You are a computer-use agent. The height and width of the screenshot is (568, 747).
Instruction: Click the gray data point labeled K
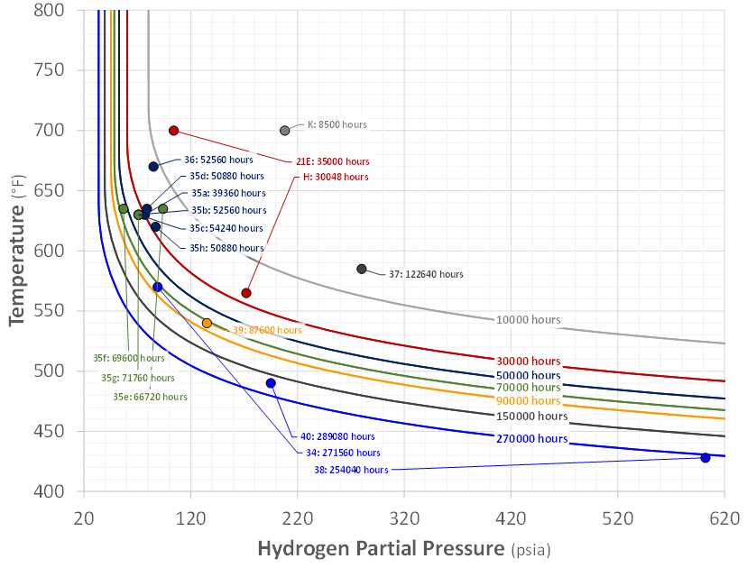pos(284,131)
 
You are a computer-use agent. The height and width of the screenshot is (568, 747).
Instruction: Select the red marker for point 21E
pos(174,131)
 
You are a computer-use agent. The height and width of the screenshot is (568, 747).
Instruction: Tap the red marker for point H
pos(245,293)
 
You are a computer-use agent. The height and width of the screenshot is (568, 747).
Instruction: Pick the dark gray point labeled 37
pos(362,269)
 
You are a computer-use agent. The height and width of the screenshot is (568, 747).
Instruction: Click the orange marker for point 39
pos(207,324)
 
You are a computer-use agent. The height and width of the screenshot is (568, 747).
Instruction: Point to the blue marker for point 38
pos(705,457)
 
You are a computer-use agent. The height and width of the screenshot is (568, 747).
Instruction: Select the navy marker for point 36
pos(153,167)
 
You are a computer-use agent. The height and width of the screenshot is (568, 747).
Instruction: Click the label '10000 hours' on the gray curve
pos(529,320)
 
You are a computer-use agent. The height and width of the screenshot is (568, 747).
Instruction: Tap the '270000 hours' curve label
pos(532,438)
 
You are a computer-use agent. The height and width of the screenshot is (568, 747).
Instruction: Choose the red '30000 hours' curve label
pos(529,361)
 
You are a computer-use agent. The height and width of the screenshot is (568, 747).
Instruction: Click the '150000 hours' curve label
pos(532,417)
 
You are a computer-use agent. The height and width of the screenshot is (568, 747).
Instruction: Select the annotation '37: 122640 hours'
pos(426,274)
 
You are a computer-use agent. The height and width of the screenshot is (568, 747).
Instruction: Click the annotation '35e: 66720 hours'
pos(150,397)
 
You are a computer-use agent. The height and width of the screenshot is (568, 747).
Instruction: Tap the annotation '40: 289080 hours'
pos(337,436)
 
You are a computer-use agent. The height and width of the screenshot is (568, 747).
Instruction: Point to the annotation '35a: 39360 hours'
pos(228,193)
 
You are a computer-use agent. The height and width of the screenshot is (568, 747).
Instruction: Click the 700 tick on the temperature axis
pos(49,130)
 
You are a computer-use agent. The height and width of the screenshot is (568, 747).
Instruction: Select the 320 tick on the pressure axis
pos(404,518)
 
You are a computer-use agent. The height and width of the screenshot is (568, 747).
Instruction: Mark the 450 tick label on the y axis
pos(49,431)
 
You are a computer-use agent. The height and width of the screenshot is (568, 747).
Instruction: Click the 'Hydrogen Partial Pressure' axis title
pos(381,548)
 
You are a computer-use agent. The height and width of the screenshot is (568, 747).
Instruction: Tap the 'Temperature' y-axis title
pos(16,265)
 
